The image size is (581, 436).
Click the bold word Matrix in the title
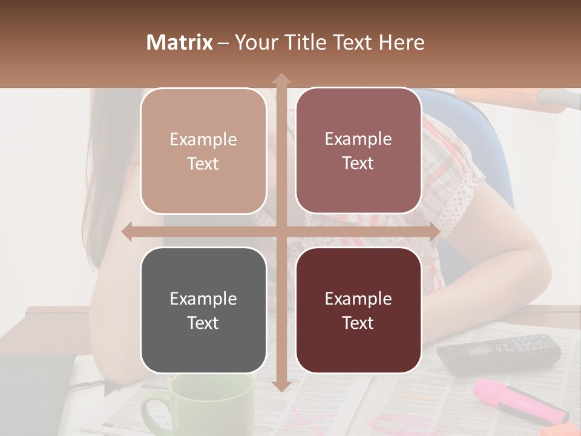[x=180, y=42]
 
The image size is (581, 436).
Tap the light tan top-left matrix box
[x=203, y=151]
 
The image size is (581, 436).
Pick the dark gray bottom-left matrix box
[x=203, y=310]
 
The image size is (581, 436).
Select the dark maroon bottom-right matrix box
[x=358, y=310]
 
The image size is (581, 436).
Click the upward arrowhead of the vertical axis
[x=281, y=78]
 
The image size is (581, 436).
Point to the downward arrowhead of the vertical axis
[x=281, y=386]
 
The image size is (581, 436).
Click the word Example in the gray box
[x=203, y=299]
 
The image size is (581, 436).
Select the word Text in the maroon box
[x=358, y=323]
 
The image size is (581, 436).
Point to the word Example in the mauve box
[x=358, y=139]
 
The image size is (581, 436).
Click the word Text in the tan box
[x=203, y=163]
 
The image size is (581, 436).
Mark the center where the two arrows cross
[x=281, y=232]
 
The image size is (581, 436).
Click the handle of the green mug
[x=151, y=412]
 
